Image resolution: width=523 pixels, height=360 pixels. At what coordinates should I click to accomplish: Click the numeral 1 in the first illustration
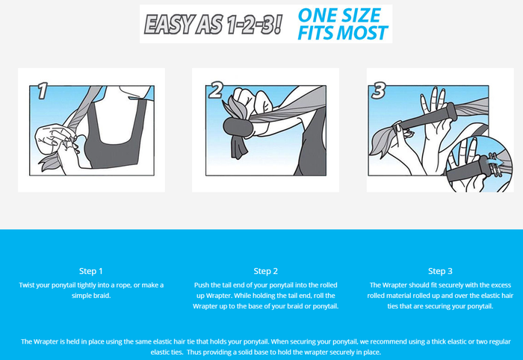pos(43,90)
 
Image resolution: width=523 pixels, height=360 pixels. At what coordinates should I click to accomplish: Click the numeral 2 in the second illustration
pos(216,90)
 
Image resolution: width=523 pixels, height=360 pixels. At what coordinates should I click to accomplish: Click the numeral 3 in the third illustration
pos(379,90)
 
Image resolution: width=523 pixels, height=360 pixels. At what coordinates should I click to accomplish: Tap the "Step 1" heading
pos(90,271)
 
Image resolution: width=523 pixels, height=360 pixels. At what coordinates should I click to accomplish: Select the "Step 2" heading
pos(265,271)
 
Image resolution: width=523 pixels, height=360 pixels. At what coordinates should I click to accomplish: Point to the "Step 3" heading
pos(440,271)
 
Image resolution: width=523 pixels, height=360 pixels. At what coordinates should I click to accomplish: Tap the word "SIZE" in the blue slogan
pos(362,15)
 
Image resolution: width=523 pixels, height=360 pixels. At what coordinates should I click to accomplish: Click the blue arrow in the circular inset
pos(496,162)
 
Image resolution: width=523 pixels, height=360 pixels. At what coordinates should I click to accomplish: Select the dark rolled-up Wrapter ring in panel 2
pos(238,127)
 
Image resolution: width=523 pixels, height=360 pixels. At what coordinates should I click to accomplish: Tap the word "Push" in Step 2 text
pos(201,285)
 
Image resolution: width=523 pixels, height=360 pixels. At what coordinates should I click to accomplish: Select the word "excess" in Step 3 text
pos(501,285)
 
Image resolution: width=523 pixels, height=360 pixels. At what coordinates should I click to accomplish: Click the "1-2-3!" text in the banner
pos(255,25)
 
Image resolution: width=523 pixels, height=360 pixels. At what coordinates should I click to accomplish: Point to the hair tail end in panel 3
pos(382,142)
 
